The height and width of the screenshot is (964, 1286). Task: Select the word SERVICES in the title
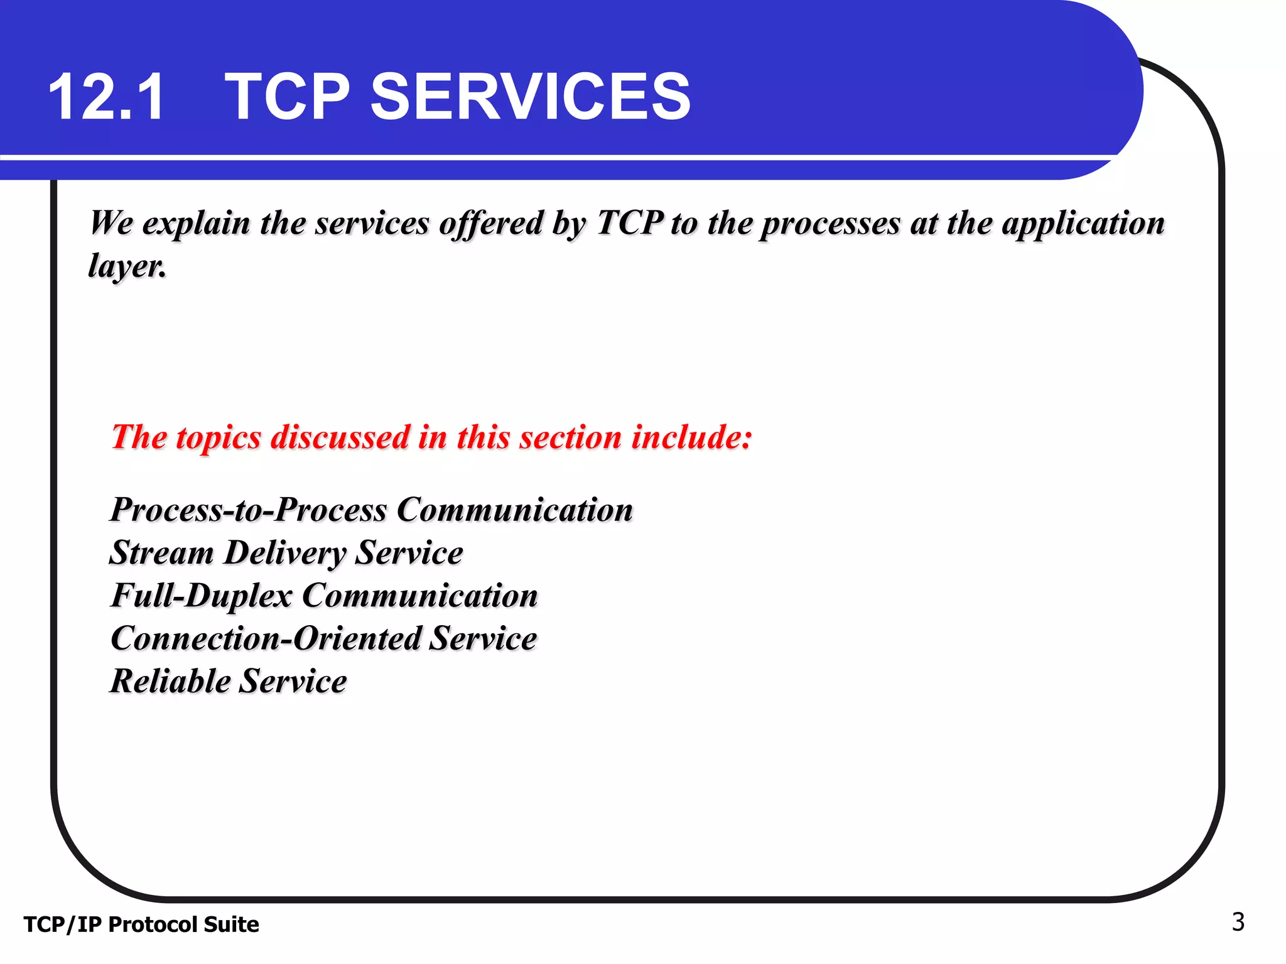point(531,97)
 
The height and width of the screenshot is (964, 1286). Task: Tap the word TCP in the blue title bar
point(287,97)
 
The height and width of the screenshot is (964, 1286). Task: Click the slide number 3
point(1238,922)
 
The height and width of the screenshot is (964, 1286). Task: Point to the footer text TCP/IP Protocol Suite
point(141,924)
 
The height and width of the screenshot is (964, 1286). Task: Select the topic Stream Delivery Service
point(286,553)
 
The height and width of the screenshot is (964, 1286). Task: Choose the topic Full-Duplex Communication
point(324,596)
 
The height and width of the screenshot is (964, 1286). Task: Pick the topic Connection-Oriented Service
point(324,638)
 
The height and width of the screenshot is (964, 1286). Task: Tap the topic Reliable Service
point(229,682)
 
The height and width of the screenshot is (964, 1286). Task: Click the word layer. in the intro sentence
point(127,266)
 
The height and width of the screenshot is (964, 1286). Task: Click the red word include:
point(691,437)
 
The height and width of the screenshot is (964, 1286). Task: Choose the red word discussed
point(340,437)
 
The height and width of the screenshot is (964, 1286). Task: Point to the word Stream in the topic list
point(162,553)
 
